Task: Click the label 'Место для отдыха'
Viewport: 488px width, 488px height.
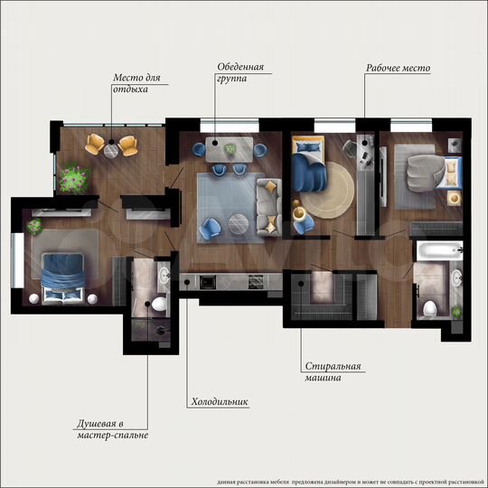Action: (136, 83)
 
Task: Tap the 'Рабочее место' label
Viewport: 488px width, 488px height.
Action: (398, 68)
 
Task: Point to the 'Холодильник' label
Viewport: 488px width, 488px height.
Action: (220, 401)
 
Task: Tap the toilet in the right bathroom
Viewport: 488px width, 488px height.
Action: (430, 307)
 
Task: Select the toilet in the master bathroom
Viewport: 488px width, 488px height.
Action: (158, 305)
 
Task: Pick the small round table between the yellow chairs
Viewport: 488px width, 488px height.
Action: (111, 151)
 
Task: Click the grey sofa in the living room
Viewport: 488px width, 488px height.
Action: (268, 204)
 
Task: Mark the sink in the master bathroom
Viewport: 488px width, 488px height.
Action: (164, 273)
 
